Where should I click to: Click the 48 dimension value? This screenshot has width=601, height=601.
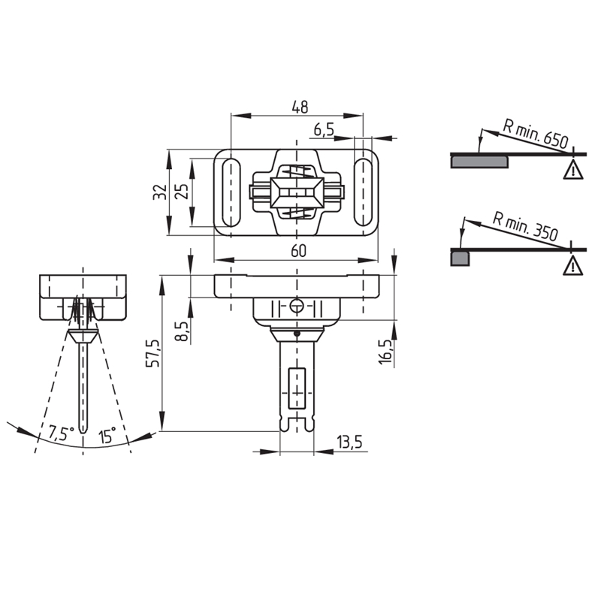(x=299, y=107)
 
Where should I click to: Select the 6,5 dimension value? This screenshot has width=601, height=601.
(x=325, y=130)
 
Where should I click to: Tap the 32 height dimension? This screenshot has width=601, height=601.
(x=160, y=192)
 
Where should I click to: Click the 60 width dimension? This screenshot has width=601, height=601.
(x=298, y=251)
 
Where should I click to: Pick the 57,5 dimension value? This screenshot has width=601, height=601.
(x=153, y=353)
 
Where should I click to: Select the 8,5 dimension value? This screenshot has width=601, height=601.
(x=183, y=331)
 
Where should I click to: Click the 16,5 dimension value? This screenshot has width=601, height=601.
(x=385, y=352)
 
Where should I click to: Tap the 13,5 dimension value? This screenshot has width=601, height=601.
(x=349, y=442)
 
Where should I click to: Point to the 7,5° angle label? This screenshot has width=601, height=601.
(x=61, y=433)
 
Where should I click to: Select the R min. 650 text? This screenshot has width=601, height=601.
(x=535, y=134)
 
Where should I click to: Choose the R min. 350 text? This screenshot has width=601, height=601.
(x=525, y=228)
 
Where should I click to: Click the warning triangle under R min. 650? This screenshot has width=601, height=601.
(x=573, y=171)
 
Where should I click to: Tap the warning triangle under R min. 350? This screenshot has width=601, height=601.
(x=573, y=267)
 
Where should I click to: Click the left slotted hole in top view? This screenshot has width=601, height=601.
(x=231, y=192)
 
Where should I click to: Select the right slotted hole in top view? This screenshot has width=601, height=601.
(x=363, y=192)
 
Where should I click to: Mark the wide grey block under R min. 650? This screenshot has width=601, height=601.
(x=479, y=162)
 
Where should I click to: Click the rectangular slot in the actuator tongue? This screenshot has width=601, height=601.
(x=297, y=388)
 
